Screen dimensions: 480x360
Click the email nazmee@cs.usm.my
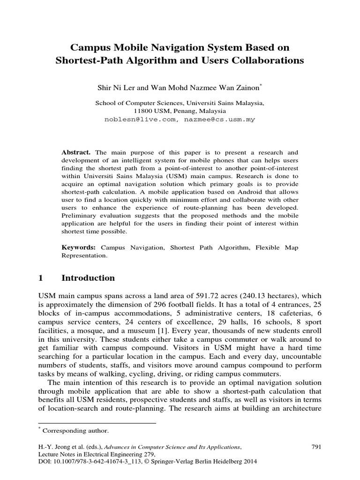[218, 120]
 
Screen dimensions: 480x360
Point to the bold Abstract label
[77, 153]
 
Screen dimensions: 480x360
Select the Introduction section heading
[88, 278]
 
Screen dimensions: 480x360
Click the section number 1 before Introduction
[40, 278]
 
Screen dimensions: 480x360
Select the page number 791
[316, 447]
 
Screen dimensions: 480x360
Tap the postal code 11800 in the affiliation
[142, 112]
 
